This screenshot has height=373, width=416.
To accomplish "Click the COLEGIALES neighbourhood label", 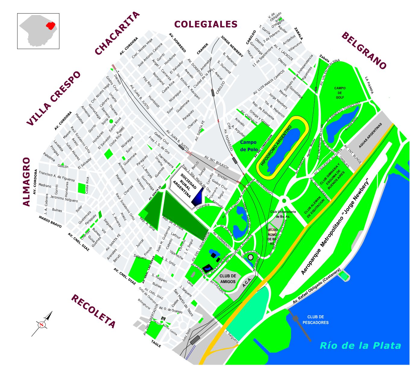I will coord(206,24).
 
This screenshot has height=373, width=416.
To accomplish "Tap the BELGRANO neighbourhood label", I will coord(364,51).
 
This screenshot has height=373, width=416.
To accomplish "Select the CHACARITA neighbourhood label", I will coord(117,33).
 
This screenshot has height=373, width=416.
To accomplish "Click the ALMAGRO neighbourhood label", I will coord(27,182).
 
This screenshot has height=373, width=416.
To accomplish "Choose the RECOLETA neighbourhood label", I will coord(93,311).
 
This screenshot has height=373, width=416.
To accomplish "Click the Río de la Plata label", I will coord(360,346).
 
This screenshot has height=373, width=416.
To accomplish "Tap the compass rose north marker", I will coord(42,325).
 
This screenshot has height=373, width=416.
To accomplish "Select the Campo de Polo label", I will coord(249,146).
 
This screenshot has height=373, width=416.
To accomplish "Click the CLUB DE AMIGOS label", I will coord(228,279).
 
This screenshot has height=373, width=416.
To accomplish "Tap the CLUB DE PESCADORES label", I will coord(316,320).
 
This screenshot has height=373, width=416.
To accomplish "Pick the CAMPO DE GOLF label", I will coord(340,93).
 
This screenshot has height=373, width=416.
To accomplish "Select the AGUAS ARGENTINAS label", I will coord(370,136).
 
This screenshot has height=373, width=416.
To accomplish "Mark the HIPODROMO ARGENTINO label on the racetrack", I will coord(277,145).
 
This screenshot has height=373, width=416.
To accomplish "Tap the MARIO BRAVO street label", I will coord(50,222).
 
